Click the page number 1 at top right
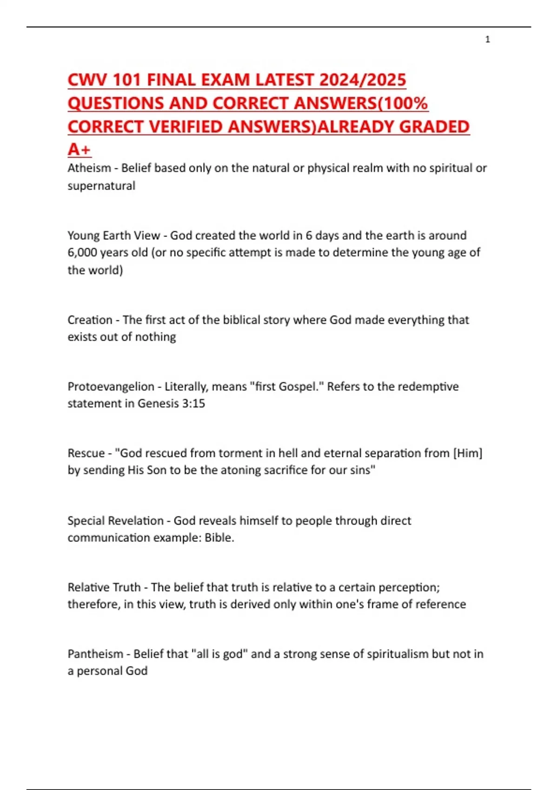[487, 39]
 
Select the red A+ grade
[79, 149]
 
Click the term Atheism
[89, 168]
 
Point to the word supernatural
[101, 186]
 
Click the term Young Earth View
[113, 235]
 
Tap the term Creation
[90, 320]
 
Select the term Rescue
[86, 453]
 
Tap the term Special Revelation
[115, 520]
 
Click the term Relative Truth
[104, 587]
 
